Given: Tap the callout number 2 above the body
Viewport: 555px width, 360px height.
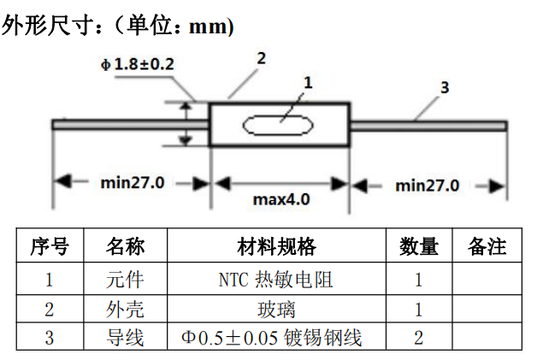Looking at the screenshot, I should click(x=261, y=58).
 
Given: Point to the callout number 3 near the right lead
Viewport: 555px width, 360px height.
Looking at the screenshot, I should click(x=444, y=88).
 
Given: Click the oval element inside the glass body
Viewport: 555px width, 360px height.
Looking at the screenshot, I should click(x=278, y=126).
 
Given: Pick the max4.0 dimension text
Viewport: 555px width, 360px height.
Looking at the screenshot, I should click(x=280, y=199).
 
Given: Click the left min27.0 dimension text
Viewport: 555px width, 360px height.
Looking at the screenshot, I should click(x=133, y=182).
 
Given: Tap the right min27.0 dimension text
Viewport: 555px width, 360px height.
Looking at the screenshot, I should click(x=428, y=185).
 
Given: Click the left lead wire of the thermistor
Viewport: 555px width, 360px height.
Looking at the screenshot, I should click(x=128, y=125).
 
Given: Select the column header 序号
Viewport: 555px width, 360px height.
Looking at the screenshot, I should click(x=49, y=247).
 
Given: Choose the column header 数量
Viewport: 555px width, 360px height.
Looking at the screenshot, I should click(x=418, y=247).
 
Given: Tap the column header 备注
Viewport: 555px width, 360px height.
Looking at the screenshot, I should click(x=487, y=247).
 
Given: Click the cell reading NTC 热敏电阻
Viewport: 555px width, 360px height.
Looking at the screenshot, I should click(x=275, y=279).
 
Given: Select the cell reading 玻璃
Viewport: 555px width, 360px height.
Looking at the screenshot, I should click(x=275, y=308).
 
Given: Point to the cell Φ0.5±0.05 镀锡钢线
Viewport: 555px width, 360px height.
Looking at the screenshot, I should click(x=275, y=338).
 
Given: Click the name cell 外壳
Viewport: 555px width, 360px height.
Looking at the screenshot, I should click(x=125, y=308).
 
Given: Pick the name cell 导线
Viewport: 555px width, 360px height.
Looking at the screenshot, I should click(x=125, y=338).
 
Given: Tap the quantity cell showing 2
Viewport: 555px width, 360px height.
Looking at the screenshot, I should click(x=418, y=338).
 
